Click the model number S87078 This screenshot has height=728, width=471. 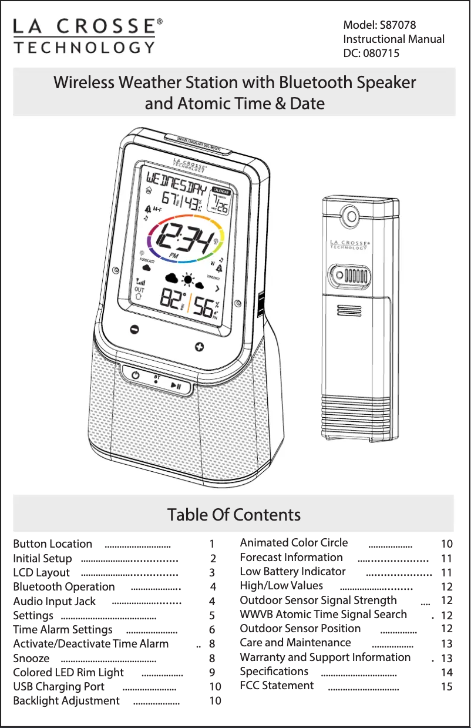click(395, 25)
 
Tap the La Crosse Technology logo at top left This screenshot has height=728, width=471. click(88, 36)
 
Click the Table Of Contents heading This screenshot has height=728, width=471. click(234, 515)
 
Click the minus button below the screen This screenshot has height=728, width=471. click(134, 329)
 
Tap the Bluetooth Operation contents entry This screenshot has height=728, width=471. click(64, 587)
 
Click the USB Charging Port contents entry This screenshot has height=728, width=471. click(59, 687)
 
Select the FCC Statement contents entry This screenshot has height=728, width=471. click(277, 686)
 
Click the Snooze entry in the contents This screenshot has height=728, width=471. click(31, 658)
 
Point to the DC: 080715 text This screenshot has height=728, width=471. click(371, 53)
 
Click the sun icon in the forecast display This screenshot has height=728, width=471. click(189, 280)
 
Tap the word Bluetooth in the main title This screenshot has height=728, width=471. click(308, 83)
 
